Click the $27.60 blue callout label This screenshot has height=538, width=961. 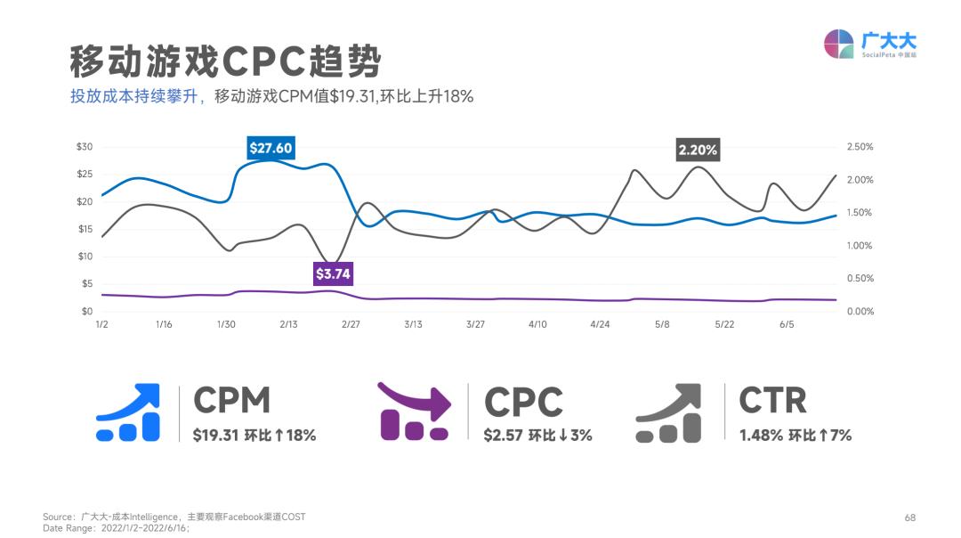[271, 149]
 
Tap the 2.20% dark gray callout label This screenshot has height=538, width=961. [698, 150]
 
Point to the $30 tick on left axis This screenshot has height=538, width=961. [85, 147]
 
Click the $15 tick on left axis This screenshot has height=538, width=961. [85, 229]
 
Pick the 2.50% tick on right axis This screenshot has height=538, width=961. [859, 147]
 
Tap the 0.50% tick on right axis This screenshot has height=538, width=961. [859, 279]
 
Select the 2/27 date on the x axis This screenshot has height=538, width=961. [351, 325]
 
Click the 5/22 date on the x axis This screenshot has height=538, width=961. [724, 325]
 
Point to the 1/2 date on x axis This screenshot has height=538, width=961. [101, 325]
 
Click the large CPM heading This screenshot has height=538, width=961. [232, 401]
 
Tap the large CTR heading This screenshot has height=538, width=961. [772, 401]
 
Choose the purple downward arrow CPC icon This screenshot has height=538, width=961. [415, 411]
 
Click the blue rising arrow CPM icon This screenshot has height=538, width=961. [128, 412]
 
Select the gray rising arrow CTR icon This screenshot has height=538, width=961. [669, 412]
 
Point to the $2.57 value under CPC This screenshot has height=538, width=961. [503, 436]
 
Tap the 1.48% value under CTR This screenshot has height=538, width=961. [761, 436]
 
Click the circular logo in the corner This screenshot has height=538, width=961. [839, 44]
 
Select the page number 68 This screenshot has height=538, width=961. [909, 518]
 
